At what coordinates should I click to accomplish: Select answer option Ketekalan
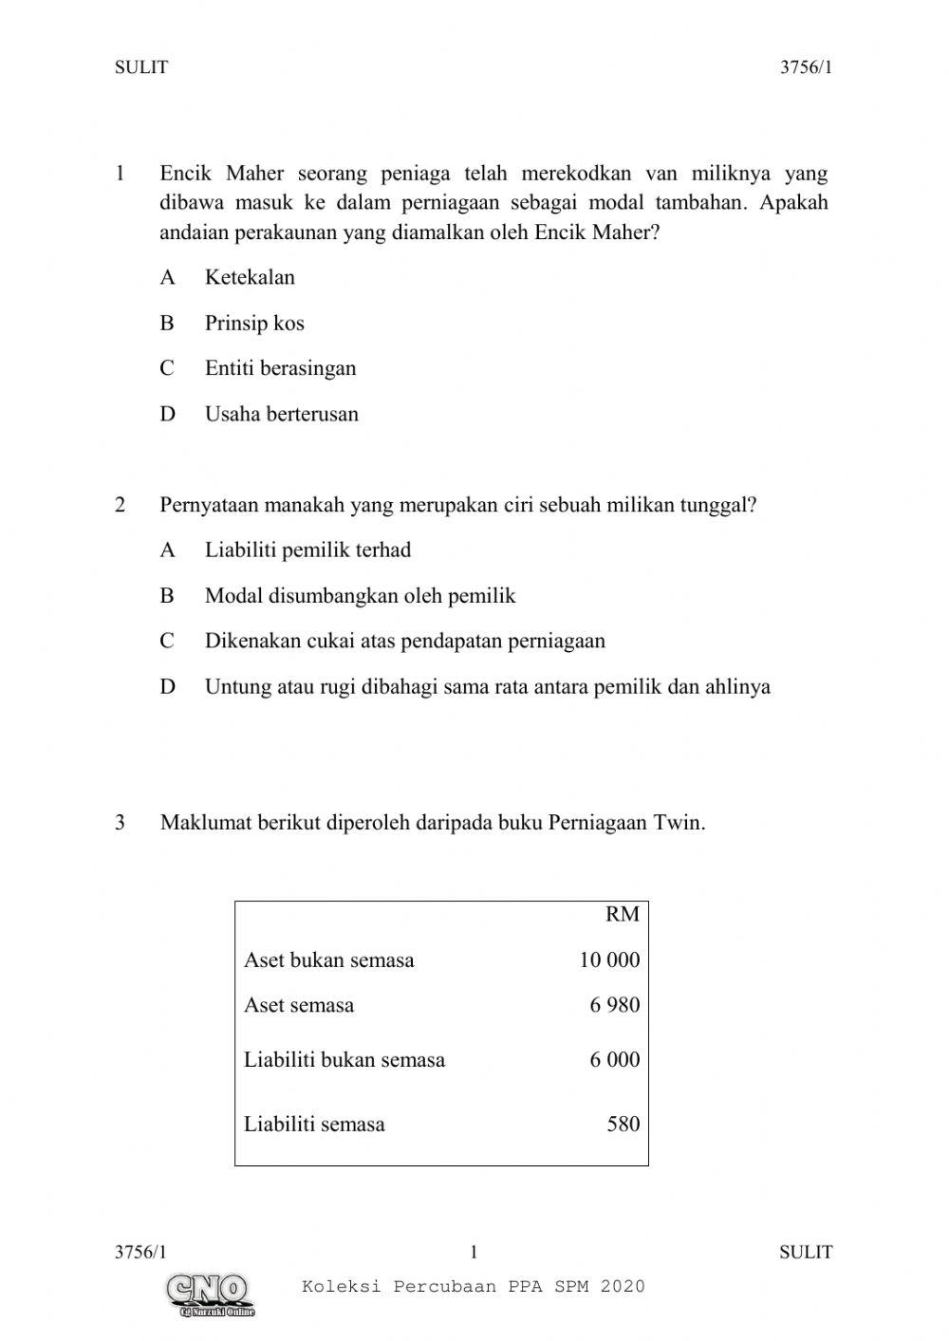(x=250, y=277)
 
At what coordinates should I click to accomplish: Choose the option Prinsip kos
(x=254, y=323)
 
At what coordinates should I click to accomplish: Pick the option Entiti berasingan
(x=280, y=368)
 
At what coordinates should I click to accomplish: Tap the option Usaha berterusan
(x=281, y=414)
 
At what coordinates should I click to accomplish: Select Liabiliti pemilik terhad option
(x=307, y=549)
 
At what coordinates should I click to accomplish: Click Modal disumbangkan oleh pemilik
(x=360, y=596)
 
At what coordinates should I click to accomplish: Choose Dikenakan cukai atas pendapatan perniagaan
(x=404, y=641)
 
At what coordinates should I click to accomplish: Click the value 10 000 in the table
(x=609, y=959)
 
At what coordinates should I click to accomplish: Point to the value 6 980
(x=614, y=1005)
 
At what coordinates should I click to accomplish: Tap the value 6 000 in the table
(x=614, y=1059)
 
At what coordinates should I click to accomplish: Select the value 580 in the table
(x=623, y=1124)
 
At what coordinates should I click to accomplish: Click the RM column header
(x=622, y=914)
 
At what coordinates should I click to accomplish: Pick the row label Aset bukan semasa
(x=328, y=959)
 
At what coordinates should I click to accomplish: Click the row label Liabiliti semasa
(x=314, y=1125)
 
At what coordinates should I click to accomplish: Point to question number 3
(x=120, y=822)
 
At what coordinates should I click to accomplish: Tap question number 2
(x=120, y=505)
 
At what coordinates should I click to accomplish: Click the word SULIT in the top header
(x=140, y=67)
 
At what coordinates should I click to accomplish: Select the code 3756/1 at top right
(x=806, y=67)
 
